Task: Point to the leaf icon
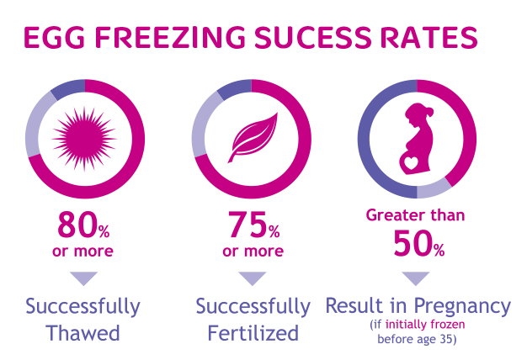252,135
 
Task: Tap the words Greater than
415,214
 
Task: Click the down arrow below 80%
84,278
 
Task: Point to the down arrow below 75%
252,278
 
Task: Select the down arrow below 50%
416,278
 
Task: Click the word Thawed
83,332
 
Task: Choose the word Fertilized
253,332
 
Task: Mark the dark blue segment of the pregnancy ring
368,151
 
